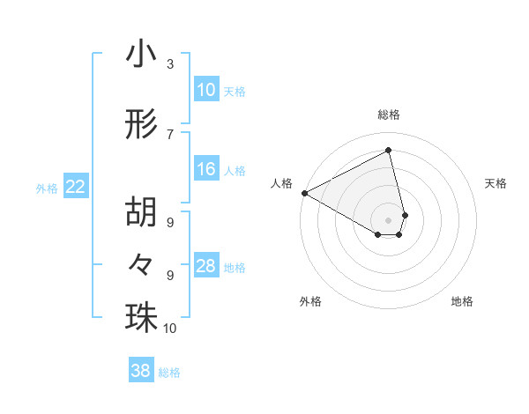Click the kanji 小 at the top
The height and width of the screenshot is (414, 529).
click(x=141, y=55)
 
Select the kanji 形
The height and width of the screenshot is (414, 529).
click(x=141, y=125)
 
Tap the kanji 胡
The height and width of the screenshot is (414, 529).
click(x=141, y=211)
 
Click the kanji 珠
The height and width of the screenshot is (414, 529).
click(x=141, y=317)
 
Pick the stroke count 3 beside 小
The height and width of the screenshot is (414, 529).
click(x=170, y=64)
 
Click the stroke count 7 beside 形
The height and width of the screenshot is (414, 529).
click(x=170, y=134)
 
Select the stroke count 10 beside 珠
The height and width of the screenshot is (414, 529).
click(x=170, y=329)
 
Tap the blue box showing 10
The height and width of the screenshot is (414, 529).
click(x=206, y=90)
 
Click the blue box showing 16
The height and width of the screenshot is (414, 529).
click(x=206, y=169)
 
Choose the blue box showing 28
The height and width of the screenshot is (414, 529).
click(x=206, y=266)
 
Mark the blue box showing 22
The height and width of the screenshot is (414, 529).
click(x=76, y=187)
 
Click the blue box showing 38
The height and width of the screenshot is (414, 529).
click(x=141, y=371)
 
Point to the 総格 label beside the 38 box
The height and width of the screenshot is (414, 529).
click(x=169, y=373)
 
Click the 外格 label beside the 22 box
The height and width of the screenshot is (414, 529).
click(x=47, y=188)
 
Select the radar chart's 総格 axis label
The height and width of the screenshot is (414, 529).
click(x=389, y=115)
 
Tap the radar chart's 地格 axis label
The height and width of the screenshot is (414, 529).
click(x=462, y=301)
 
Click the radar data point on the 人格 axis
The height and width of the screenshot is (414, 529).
click(x=304, y=193)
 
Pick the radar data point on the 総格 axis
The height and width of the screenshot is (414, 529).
click(x=389, y=151)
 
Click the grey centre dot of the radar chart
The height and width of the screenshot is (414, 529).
click(x=389, y=218)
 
